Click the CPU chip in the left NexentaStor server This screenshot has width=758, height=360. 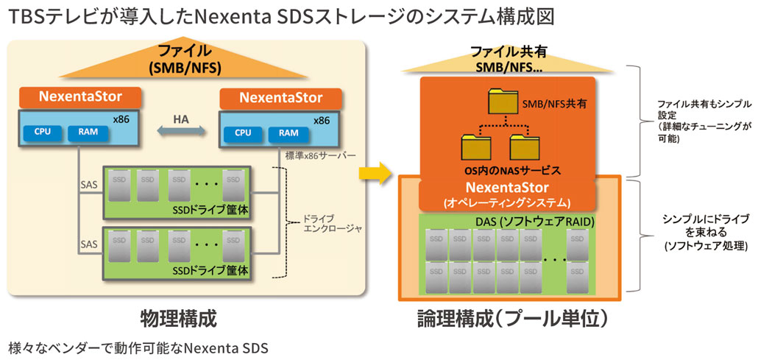pyautogui.click(x=42, y=133)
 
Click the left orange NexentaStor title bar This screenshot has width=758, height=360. pyautogui.click(x=81, y=96)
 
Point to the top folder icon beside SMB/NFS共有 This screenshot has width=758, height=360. pyautogui.click(x=503, y=101)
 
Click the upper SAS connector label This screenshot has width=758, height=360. pyautogui.click(x=89, y=186)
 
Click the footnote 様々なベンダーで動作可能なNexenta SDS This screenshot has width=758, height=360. pyautogui.click(x=136, y=347)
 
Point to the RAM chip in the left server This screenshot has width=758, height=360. pyautogui.click(x=87, y=133)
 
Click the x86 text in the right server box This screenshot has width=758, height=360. pyautogui.click(x=322, y=121)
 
